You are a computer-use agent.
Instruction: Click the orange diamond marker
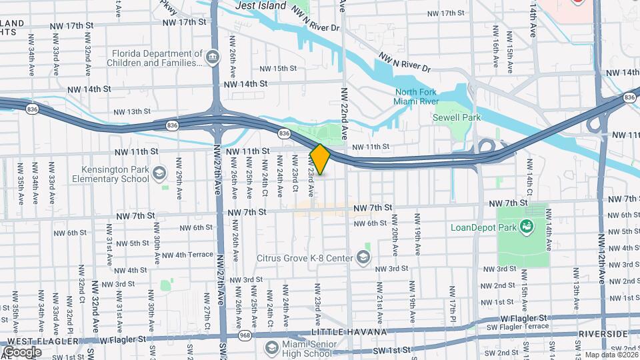[320, 159]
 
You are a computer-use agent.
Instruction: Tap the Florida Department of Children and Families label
[157, 58]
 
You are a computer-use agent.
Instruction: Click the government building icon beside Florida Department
[213, 58]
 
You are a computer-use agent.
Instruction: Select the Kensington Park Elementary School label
[116, 174]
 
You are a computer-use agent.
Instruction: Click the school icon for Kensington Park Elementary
[159, 174]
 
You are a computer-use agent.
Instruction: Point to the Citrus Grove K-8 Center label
[306, 257]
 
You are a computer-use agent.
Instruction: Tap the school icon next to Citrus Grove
[363, 257]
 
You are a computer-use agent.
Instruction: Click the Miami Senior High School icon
[271, 347]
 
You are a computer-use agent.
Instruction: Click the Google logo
[22, 351]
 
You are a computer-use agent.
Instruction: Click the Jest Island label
[261, 6]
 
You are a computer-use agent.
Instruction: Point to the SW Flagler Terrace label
[524, 327]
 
